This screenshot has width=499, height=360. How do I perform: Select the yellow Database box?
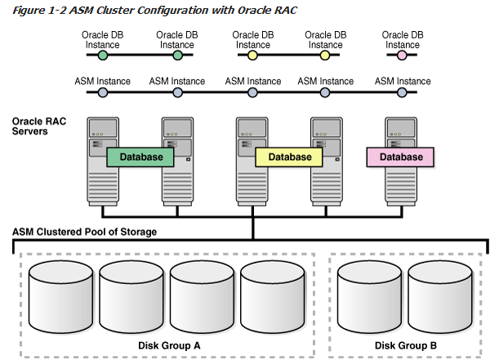[290, 157]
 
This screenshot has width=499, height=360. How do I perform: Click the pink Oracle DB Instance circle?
[402, 56]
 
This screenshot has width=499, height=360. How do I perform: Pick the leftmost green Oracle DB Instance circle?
[102, 56]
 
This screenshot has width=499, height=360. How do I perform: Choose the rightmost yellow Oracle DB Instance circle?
[325, 56]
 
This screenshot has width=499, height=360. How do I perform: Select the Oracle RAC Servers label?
[38, 126]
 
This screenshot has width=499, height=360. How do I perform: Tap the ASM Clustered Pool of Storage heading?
[84, 233]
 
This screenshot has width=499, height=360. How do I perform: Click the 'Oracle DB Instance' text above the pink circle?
[403, 39]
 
